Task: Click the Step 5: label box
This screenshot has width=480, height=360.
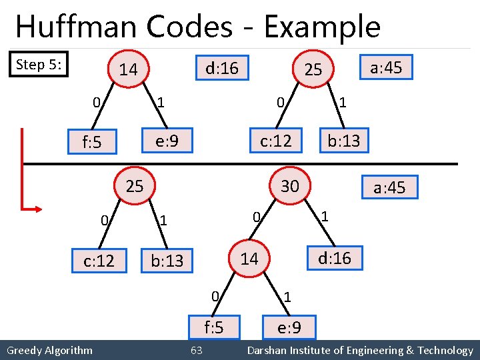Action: tap(39, 64)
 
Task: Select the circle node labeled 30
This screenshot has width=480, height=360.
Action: tap(289, 186)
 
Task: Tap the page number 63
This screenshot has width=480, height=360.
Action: tap(197, 351)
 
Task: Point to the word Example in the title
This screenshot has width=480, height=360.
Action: tap(322, 27)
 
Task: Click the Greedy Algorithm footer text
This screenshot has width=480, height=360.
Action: tap(49, 351)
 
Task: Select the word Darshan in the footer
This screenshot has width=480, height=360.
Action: tap(267, 351)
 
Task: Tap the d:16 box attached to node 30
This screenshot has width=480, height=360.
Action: tap(334, 258)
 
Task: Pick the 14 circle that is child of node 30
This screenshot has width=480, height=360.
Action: tap(249, 259)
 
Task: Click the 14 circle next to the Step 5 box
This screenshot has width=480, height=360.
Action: tap(128, 69)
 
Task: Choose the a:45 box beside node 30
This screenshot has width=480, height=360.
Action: tap(389, 187)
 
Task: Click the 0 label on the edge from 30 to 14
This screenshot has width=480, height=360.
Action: tap(255, 216)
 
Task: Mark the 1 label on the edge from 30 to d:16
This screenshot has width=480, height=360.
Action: tap(324, 216)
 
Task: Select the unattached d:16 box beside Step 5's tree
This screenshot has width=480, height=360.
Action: tap(223, 67)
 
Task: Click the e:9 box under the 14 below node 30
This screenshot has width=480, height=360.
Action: tap(288, 328)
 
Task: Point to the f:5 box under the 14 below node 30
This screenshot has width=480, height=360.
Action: tap(213, 327)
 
